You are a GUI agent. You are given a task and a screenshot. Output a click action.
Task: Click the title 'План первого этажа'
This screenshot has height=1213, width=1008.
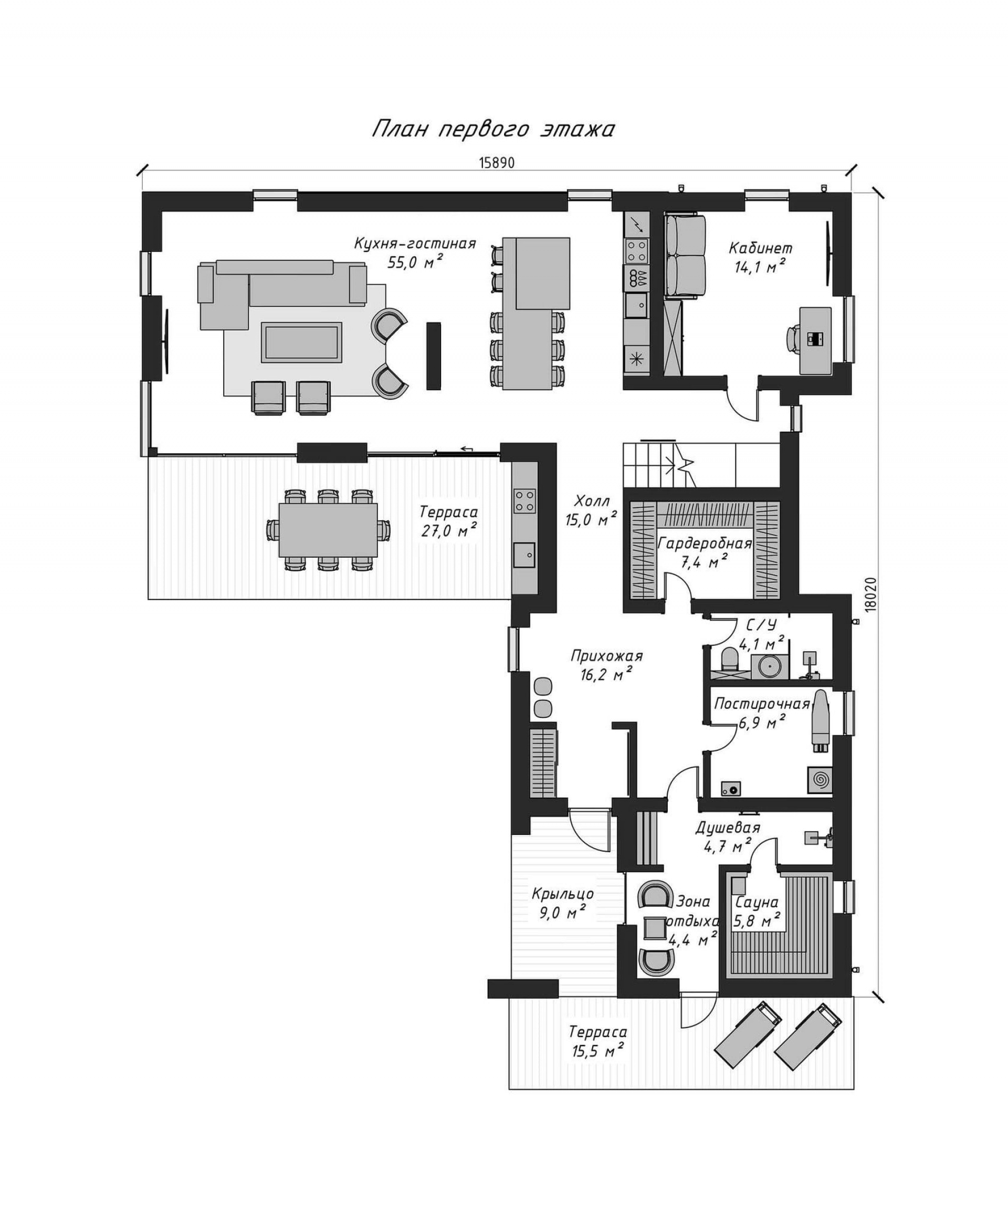click(492, 129)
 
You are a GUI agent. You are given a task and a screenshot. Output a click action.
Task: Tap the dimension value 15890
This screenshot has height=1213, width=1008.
click(496, 163)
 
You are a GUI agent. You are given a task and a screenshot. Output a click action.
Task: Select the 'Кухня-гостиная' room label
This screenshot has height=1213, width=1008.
click(415, 243)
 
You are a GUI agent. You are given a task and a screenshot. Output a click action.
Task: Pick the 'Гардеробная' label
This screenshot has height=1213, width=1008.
click(705, 543)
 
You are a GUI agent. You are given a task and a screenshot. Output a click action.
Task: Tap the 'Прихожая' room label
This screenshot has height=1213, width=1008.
click(606, 655)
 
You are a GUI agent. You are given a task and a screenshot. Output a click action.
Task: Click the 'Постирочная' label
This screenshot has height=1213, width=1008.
click(762, 704)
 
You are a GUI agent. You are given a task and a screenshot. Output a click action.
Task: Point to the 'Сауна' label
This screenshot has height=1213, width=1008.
click(756, 902)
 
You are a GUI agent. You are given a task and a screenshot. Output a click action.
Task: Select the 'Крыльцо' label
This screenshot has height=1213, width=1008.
click(563, 894)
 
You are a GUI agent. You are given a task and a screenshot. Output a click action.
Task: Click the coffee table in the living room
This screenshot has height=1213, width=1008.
click(301, 342)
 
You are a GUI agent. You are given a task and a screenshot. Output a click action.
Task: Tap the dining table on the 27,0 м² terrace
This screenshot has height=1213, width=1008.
click(328, 530)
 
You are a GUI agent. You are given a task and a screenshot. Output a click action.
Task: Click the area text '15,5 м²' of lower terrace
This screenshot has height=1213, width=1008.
click(597, 1049)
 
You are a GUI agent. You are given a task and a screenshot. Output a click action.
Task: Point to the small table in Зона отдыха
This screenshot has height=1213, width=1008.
click(655, 927)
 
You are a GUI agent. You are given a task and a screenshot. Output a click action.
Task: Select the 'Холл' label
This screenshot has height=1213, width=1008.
click(592, 500)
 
